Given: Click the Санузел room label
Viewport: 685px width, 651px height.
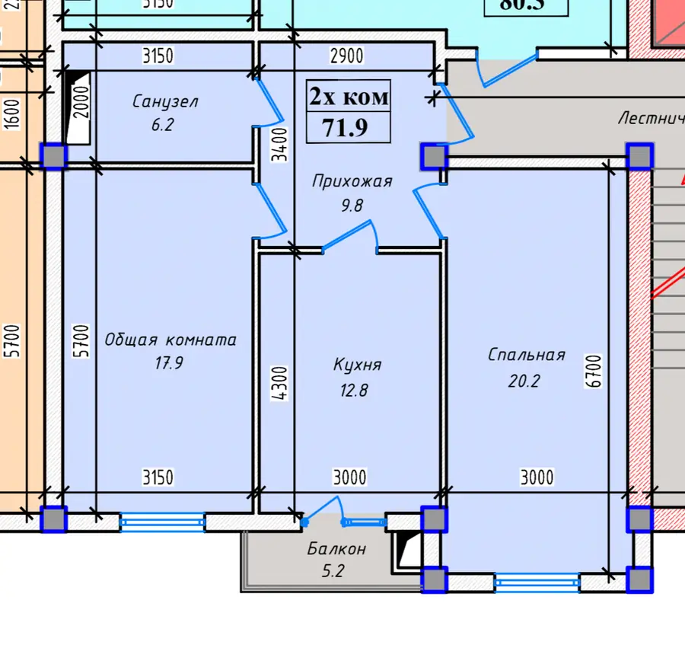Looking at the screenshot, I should pyautogui.click(x=165, y=101).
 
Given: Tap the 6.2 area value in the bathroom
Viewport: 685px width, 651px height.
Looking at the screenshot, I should pyautogui.click(x=162, y=124).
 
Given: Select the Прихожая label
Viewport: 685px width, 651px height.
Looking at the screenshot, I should pyautogui.click(x=352, y=181).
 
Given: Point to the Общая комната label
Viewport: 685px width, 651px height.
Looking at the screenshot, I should pyautogui.click(x=170, y=340).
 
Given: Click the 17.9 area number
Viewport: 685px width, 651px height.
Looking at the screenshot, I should pyautogui.click(x=168, y=363).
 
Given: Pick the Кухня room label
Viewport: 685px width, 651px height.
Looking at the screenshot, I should pyautogui.click(x=357, y=365).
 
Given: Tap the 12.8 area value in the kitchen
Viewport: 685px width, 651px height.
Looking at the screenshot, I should pyautogui.click(x=355, y=391).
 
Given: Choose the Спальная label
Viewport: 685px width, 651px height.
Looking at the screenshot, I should pyautogui.click(x=527, y=355).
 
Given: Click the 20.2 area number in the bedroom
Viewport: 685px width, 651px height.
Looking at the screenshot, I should pyautogui.click(x=524, y=381).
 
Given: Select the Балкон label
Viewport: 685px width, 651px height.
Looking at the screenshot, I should pyautogui.click(x=337, y=548).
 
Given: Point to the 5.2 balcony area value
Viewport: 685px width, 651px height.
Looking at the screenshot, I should pyautogui.click(x=333, y=570).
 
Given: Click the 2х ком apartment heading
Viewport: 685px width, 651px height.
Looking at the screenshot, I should pyautogui.click(x=349, y=97).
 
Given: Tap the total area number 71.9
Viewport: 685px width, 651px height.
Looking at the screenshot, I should pyautogui.click(x=345, y=127).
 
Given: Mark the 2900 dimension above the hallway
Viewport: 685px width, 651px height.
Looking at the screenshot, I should pyautogui.click(x=346, y=56).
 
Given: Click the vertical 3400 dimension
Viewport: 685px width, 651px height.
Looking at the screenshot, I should pyautogui.click(x=280, y=144).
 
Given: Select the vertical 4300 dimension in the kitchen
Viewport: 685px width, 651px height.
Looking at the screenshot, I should pyautogui.click(x=280, y=385).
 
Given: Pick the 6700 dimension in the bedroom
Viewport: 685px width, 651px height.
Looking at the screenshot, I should pyautogui.click(x=594, y=372).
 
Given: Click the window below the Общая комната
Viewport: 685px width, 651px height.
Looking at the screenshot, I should pyautogui.click(x=162, y=522).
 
